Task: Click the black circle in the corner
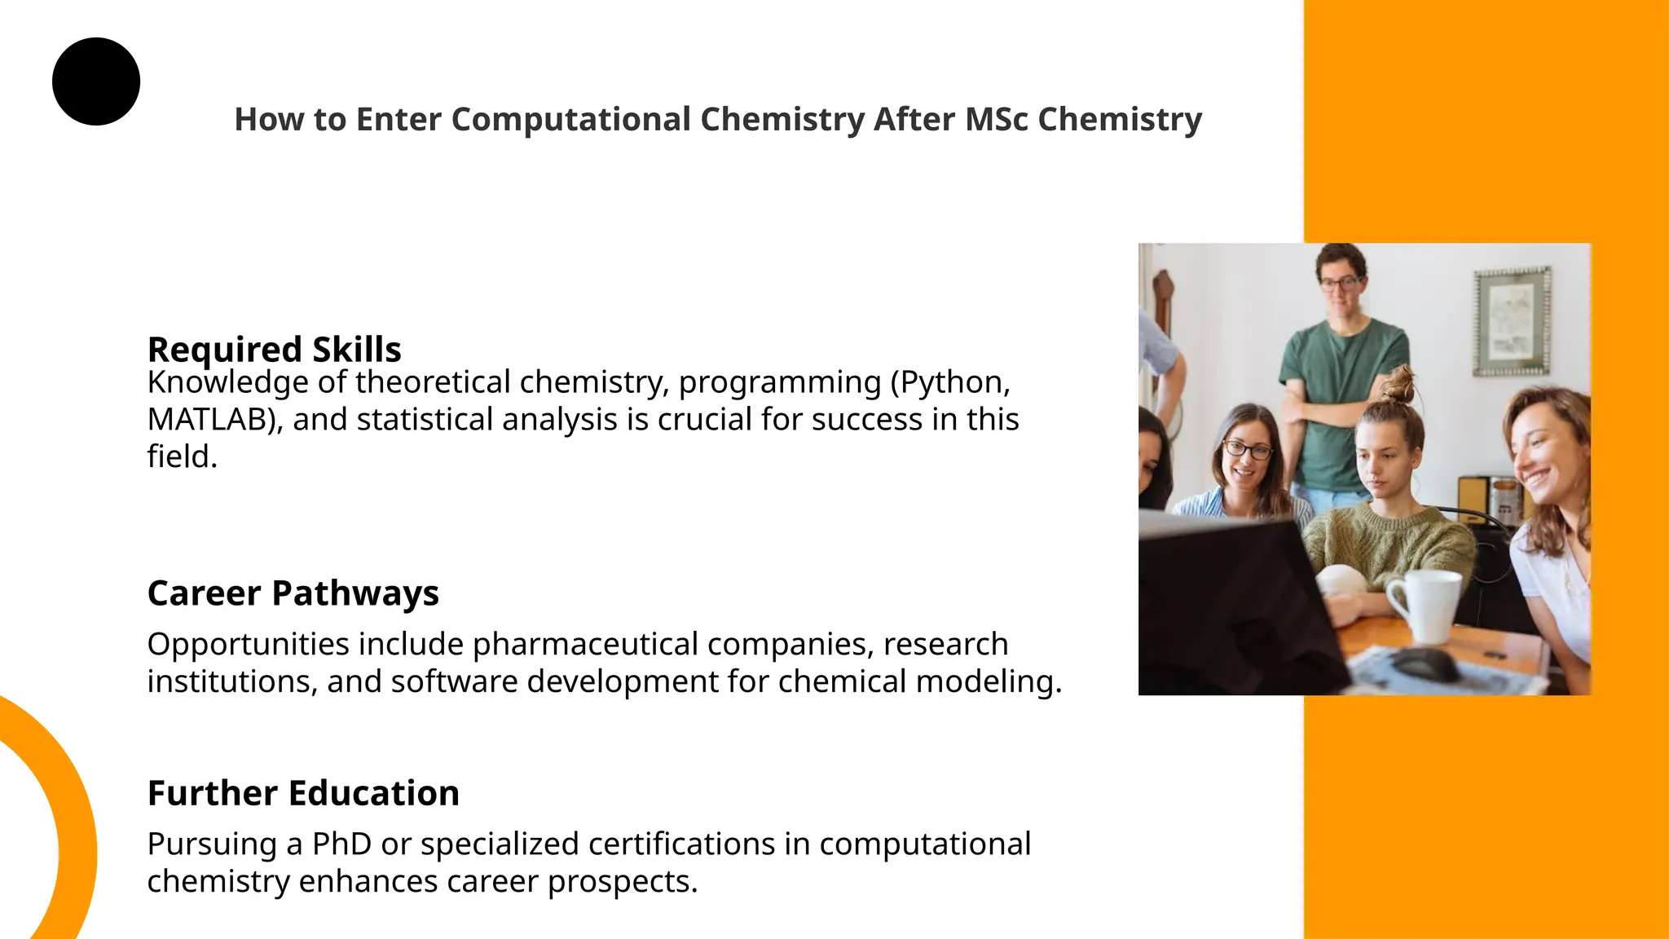[x=96, y=82]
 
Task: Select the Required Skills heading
[x=274, y=350]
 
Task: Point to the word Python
[x=949, y=382]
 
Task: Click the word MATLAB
[x=209, y=420]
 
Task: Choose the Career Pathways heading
[x=293, y=593]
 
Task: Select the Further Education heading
[x=303, y=793]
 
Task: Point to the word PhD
[x=341, y=844]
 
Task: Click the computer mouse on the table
[x=1425, y=664]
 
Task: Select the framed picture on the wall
[x=1513, y=321]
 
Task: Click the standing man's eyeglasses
[x=1340, y=284]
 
